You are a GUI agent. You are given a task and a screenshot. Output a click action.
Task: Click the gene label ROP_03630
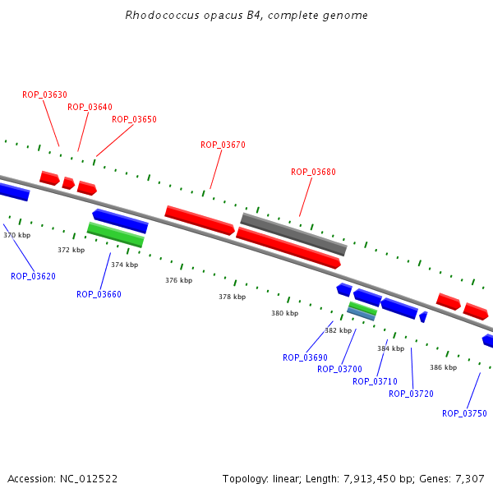pyautogui.click(x=44, y=94)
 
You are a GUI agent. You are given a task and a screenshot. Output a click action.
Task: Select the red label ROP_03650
pyautogui.click(x=134, y=119)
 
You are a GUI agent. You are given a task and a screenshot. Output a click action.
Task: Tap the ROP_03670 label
pyautogui.click(x=223, y=145)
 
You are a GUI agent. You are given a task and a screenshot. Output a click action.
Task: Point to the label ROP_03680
pyautogui.click(x=313, y=172)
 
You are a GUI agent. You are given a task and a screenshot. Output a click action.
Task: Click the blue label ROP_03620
pyautogui.click(x=33, y=276)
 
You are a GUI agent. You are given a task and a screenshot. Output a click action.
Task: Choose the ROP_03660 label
pyautogui.click(x=99, y=294)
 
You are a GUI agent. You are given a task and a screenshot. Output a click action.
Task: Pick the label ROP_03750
pyautogui.click(x=464, y=413)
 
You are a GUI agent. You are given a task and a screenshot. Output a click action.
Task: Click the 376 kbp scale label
pyautogui.click(x=179, y=280)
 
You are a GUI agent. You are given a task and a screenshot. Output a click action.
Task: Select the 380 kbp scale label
pyautogui.click(x=285, y=313)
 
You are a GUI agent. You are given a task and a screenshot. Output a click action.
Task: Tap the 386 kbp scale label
pyautogui.click(x=444, y=367)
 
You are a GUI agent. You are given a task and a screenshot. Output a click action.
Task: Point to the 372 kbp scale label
pyautogui.click(x=71, y=250)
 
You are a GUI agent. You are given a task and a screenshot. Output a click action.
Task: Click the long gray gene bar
pyautogui.click(x=293, y=234)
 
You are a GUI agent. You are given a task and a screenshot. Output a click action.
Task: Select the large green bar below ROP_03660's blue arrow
pyautogui.click(x=115, y=234)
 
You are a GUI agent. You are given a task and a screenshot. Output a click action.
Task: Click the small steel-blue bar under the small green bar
pyautogui.click(x=361, y=314)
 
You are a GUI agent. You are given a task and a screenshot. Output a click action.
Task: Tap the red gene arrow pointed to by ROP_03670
pyautogui.click(x=200, y=220)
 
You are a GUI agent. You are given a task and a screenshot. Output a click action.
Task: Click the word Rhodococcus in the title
pyautogui.click(x=162, y=15)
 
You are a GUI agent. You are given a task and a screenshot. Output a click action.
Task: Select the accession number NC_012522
pyautogui.click(x=89, y=479)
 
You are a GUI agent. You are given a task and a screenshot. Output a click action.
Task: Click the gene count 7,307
pyautogui.click(x=470, y=479)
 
